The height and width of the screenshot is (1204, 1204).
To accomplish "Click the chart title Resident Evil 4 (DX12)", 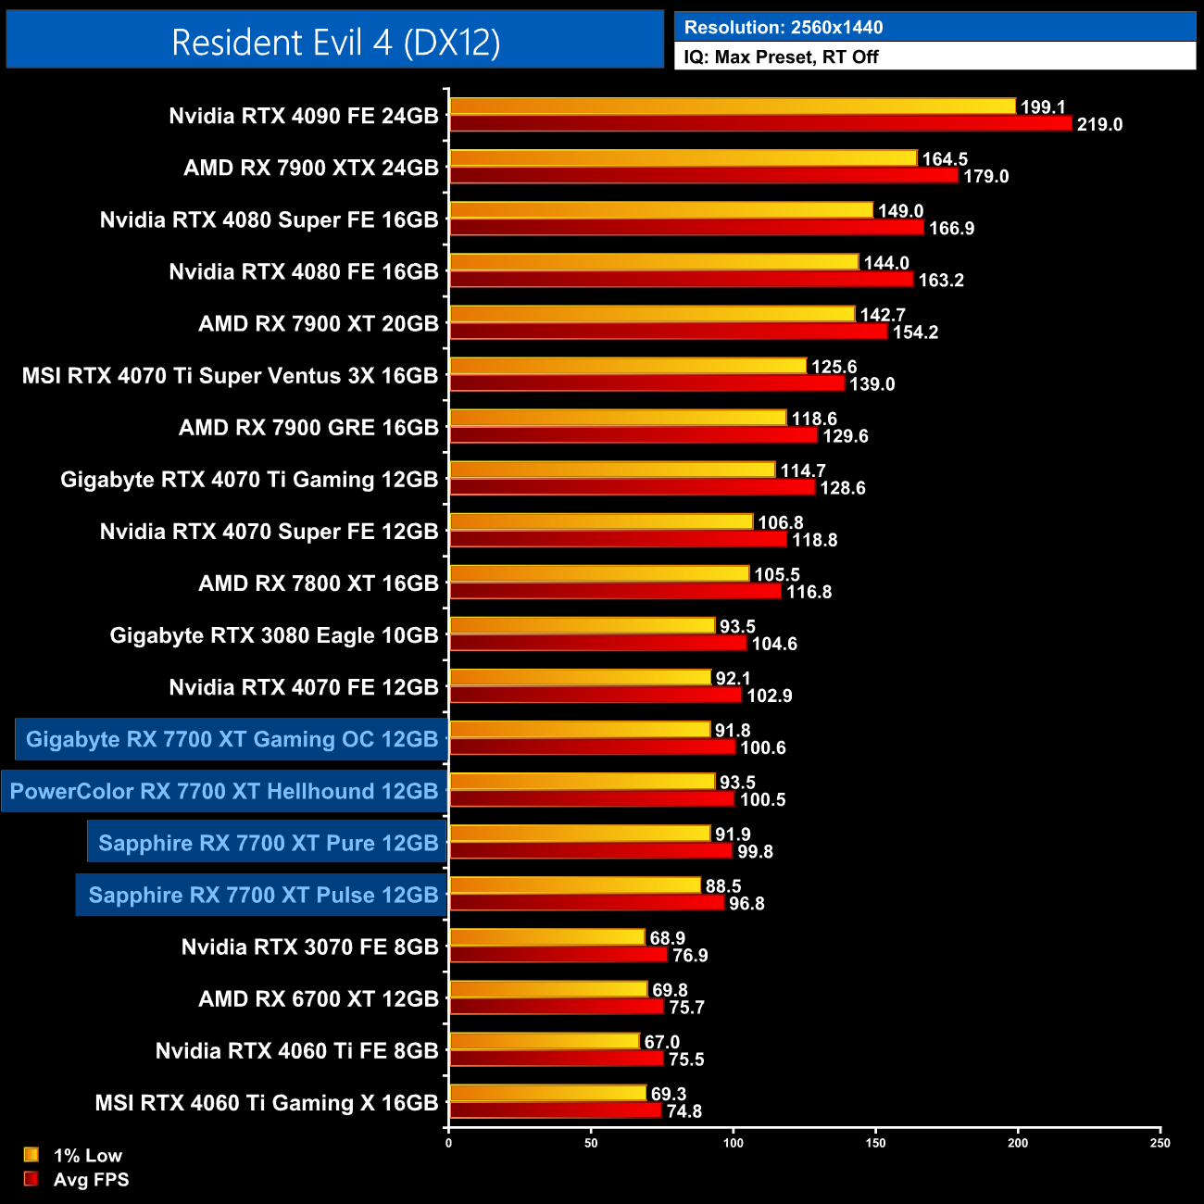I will click(335, 42).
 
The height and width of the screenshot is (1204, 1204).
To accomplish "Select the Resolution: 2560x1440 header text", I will click(783, 27).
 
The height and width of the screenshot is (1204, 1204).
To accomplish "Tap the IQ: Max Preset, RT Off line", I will click(781, 56).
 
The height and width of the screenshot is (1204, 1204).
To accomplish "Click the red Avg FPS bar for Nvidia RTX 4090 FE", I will click(759, 124).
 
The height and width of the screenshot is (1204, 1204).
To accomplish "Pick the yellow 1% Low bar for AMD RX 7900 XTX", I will click(683, 158).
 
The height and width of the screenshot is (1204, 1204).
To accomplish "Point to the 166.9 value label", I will click(951, 229).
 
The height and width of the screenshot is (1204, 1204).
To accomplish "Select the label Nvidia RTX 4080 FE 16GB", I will click(303, 271).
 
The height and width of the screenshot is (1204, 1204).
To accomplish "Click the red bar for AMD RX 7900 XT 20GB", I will click(668, 332).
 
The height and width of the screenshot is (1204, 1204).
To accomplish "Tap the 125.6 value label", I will click(834, 367).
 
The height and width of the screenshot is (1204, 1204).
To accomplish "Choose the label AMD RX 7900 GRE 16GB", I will click(307, 428).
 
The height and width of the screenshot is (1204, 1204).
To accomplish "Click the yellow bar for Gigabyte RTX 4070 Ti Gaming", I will click(612, 470).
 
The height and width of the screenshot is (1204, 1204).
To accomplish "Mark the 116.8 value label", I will click(809, 592).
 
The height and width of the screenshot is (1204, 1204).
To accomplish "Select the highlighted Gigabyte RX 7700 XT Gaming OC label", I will click(232, 739).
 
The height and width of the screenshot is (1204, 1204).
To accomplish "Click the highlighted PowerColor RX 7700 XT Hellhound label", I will click(223, 791).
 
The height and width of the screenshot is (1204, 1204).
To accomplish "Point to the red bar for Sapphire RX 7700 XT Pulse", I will click(586, 903).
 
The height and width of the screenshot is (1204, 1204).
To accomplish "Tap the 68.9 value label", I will click(667, 938).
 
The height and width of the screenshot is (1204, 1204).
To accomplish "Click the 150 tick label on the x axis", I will click(875, 1143).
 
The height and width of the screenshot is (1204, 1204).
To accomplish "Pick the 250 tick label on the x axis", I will click(1160, 1143).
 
